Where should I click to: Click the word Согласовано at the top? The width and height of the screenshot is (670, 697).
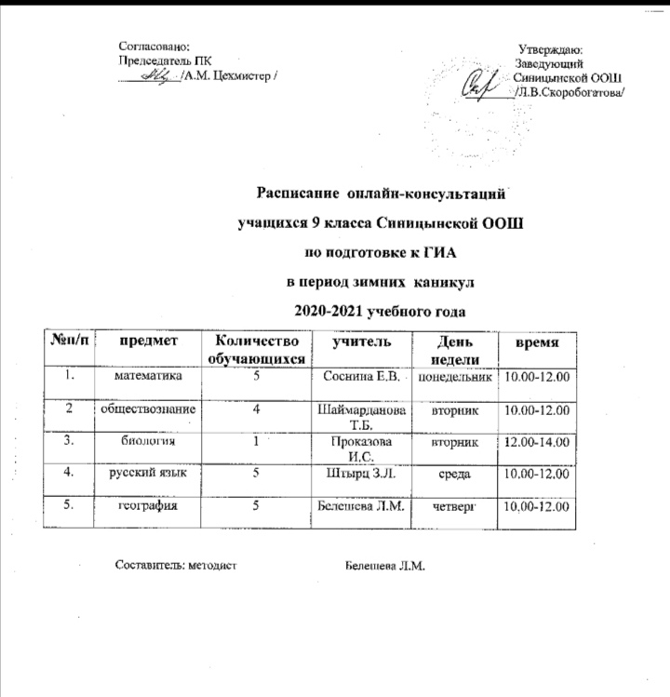click(155, 45)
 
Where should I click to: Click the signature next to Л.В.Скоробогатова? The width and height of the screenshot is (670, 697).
click(482, 80)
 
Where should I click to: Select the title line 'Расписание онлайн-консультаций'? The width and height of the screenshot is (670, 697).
click(382, 195)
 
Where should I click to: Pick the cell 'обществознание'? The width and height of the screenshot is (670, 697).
click(149, 409)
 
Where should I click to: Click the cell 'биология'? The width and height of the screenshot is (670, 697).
click(147, 441)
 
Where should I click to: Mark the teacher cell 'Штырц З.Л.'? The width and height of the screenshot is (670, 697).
click(357, 475)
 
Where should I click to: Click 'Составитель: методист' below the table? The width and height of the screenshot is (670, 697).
click(178, 565)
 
